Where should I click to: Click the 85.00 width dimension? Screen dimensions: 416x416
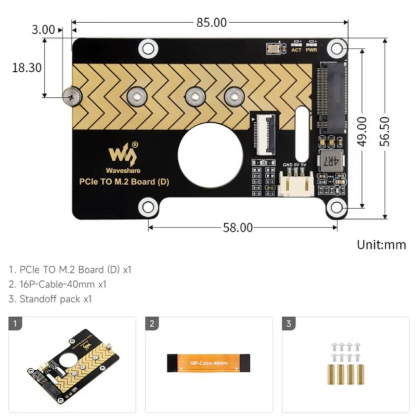(x=212, y=22)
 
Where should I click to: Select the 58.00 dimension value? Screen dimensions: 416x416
(x=238, y=227)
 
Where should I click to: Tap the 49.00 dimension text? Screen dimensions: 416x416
(x=362, y=130)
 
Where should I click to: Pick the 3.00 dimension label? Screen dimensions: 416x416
(x=43, y=30)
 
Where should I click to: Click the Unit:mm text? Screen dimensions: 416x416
(x=381, y=245)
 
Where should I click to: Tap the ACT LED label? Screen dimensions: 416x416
(x=296, y=50)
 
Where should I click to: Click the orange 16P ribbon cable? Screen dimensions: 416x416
(x=209, y=362)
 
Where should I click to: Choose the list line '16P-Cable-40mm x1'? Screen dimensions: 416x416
(x=58, y=284)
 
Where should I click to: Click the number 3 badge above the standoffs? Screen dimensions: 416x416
(x=289, y=324)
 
